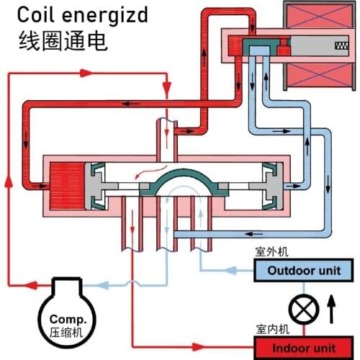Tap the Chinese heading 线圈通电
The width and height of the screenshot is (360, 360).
click(x=63, y=40)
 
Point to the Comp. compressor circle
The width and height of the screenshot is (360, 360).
click(x=68, y=317)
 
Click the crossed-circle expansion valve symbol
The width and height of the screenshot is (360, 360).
click(x=303, y=310)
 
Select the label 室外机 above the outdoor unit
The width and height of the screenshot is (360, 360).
click(x=270, y=253)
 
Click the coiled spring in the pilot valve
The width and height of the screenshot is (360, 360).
click(x=340, y=46)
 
